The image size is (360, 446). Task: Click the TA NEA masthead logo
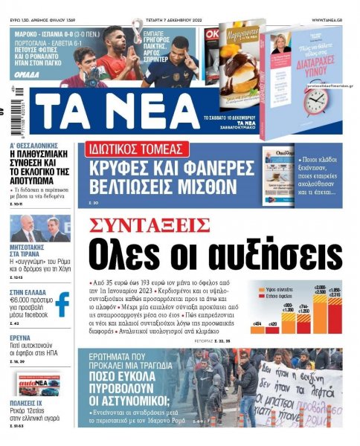click(x=118, y=110)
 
